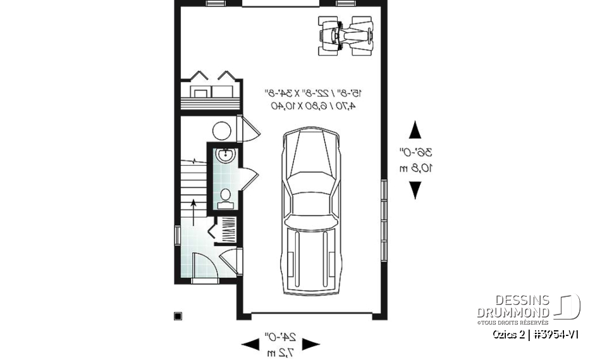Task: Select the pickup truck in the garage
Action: coord(312,212)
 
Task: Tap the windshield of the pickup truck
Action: coord(312,201)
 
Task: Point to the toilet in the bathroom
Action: coord(224,197)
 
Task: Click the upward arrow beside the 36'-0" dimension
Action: coord(415,130)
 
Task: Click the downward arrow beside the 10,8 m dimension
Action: coord(415,190)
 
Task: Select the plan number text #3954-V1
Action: coord(556,335)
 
